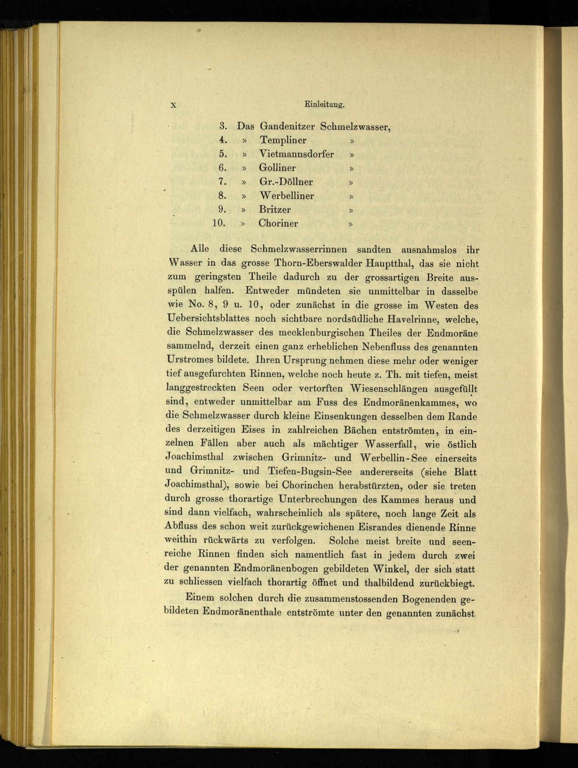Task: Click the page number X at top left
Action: pos(173,106)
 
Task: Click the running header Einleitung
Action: pos(324,105)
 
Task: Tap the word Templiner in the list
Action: pos(283,140)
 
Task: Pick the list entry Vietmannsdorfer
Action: pos(296,154)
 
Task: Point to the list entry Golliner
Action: pos(277,168)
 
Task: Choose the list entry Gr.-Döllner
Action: pos(286,182)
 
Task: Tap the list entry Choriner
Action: pos(278,223)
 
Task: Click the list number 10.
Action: pos(219,223)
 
